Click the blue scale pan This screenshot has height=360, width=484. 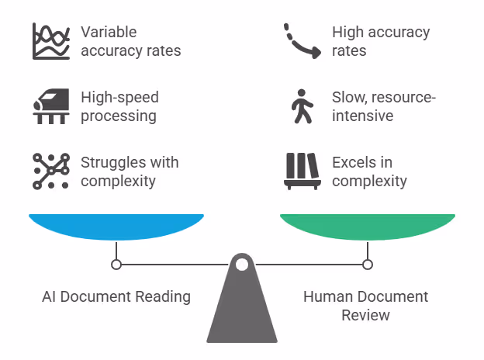116,226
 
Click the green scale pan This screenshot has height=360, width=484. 367,226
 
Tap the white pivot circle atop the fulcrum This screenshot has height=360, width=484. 242,265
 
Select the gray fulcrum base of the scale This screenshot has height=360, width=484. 242,310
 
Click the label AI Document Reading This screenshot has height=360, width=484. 116,296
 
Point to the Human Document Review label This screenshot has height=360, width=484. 365,306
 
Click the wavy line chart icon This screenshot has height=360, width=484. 51,42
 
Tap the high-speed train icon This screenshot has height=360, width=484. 51,107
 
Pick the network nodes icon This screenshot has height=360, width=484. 51,171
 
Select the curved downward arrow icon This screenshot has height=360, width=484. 302,42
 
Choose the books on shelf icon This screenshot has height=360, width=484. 302,171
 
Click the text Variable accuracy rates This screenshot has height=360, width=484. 130,42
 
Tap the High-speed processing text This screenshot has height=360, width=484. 119,107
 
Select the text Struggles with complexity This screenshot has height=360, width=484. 130,171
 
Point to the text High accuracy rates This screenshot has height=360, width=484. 380,42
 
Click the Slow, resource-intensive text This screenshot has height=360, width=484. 383,107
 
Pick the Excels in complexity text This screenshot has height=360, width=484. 369,171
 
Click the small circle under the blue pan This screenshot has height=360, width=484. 116,265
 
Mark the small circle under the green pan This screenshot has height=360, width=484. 368,265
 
